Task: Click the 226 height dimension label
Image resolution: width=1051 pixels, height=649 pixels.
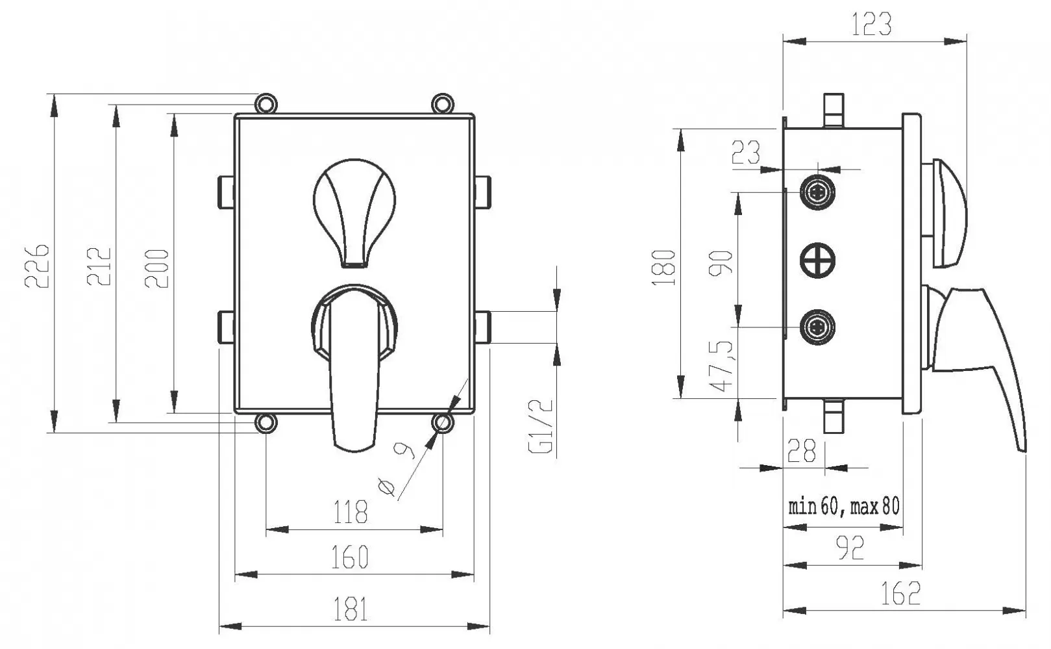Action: pyautogui.click(x=36, y=266)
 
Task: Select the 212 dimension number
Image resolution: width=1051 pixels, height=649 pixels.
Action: pyautogui.click(x=99, y=266)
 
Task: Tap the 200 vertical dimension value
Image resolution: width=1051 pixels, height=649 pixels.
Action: pyautogui.click(x=156, y=268)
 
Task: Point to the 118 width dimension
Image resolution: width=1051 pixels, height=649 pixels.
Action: pyautogui.click(x=350, y=512)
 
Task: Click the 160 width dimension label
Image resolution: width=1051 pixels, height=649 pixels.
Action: pyautogui.click(x=350, y=557)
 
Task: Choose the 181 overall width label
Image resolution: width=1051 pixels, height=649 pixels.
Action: pyautogui.click(x=350, y=609)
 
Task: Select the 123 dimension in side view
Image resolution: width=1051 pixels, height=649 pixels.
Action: pyautogui.click(x=871, y=24)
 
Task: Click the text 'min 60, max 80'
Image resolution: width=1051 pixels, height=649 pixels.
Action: pyautogui.click(x=844, y=506)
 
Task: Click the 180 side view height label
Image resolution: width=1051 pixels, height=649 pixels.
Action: pyautogui.click(x=663, y=268)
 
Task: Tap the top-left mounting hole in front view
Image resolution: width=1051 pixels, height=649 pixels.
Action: pyautogui.click(x=266, y=103)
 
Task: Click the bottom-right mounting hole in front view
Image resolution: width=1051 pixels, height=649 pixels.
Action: pyautogui.click(x=443, y=423)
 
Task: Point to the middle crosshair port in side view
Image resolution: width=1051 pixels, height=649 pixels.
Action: pyautogui.click(x=817, y=260)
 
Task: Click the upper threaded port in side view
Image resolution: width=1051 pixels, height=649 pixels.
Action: pyautogui.click(x=817, y=192)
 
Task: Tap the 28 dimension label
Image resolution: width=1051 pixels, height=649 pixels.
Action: pyautogui.click(x=801, y=451)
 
